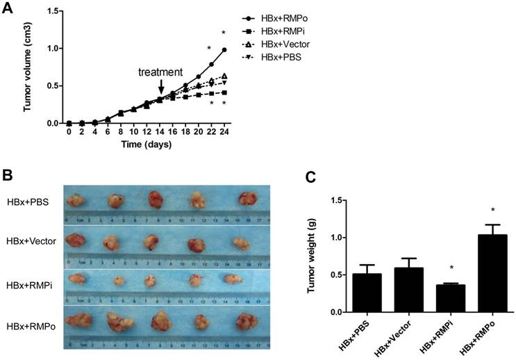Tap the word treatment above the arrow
160,72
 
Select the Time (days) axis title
146,145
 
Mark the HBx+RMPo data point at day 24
224,50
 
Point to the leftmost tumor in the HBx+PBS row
76,201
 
